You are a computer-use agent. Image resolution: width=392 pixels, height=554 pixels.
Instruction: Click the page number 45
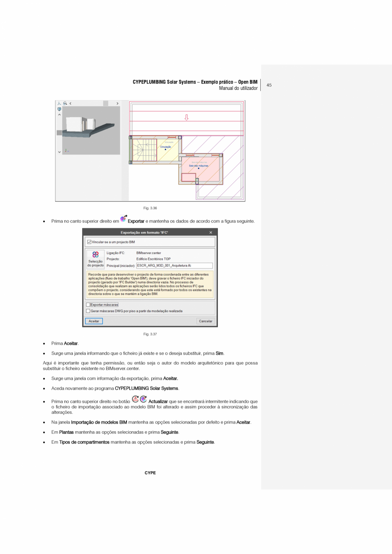pyautogui.click(x=269, y=85)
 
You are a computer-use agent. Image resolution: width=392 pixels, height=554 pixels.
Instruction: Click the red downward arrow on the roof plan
pyautogui.click(x=186, y=117)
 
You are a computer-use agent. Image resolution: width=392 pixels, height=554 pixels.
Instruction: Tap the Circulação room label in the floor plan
pyautogui.click(x=165, y=147)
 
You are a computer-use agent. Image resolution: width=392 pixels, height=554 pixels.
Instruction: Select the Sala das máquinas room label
pyautogui.click(x=199, y=165)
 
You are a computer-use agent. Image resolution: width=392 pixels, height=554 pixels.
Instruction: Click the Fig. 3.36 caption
pyautogui.click(x=150, y=208)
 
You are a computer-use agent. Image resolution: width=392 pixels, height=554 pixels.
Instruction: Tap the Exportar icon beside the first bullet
pyautogui.click(x=123, y=219)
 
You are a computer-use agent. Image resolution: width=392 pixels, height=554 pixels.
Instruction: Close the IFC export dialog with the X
pyautogui.click(x=210, y=233)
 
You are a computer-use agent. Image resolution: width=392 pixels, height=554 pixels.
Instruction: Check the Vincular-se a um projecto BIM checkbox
pyautogui.click(x=89, y=242)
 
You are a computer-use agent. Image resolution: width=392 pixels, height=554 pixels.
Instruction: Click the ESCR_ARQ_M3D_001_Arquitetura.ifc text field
pyautogui.click(x=174, y=265)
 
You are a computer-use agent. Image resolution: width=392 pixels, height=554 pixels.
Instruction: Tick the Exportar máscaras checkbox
pyautogui.click(x=88, y=305)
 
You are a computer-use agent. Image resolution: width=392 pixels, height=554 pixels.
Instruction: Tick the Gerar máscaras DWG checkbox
pyautogui.click(x=88, y=311)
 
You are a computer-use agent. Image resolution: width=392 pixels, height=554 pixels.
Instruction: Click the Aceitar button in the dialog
pyautogui.click(x=94, y=321)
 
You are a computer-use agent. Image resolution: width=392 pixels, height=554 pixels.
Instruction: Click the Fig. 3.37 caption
pyautogui.click(x=150, y=334)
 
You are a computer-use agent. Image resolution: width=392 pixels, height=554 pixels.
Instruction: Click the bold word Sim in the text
pyautogui.click(x=219, y=353)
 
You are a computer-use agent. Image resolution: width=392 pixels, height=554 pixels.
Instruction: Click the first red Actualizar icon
pyautogui.click(x=135, y=399)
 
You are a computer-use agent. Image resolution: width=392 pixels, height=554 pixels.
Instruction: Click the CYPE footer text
pyautogui.click(x=150, y=473)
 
